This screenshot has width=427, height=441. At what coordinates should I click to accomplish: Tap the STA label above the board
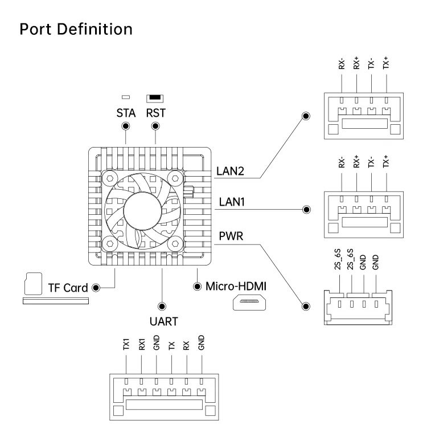[x=125, y=113]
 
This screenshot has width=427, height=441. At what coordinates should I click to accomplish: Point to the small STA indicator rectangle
[x=125, y=98]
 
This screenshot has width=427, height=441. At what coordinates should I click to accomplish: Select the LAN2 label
[x=230, y=170]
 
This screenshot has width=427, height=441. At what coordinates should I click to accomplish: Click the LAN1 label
[x=229, y=202]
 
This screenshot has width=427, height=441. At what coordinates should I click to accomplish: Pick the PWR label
[x=229, y=234]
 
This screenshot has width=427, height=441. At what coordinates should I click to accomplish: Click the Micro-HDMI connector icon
[x=249, y=303]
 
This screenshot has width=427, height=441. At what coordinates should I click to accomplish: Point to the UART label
[x=162, y=321]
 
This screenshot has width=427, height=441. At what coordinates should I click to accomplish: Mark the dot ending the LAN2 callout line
[x=306, y=116]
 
